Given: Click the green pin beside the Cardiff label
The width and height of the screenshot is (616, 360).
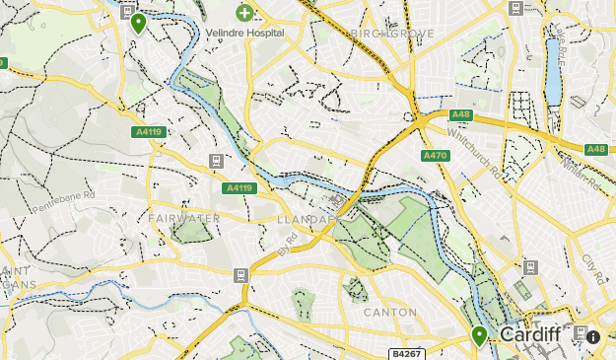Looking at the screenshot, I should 479,336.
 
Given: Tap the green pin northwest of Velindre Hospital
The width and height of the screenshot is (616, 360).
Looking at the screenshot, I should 138,23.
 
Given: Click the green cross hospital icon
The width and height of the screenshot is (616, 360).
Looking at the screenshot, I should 243,14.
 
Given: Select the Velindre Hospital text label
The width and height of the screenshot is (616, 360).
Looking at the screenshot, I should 244,33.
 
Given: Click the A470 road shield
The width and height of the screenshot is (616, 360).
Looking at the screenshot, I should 435,156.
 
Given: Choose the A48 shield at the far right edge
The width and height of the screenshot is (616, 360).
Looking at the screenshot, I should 595,149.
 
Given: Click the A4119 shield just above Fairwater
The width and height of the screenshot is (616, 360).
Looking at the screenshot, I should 240,188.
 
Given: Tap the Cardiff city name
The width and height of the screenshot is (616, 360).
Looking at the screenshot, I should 530,335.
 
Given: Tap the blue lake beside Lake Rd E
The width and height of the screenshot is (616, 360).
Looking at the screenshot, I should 553,74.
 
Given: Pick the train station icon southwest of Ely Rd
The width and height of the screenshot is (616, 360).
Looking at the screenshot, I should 240,274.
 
